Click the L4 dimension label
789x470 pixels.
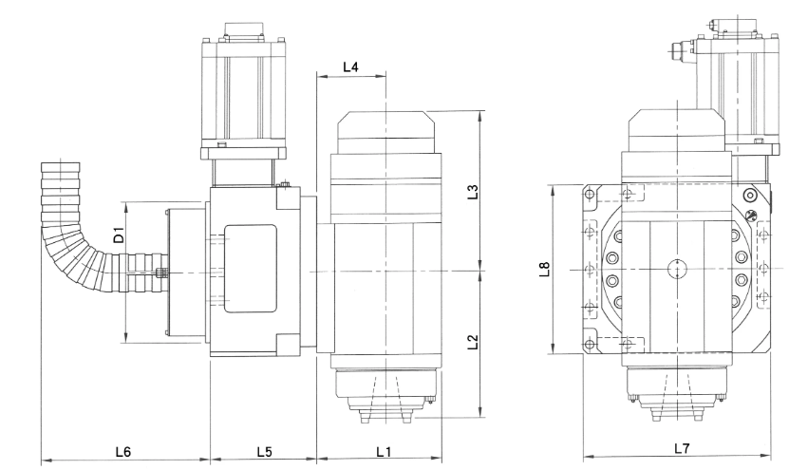350,66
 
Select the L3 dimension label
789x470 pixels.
473,192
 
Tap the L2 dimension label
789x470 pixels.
473,342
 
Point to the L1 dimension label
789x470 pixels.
384,451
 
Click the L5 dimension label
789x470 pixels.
264,451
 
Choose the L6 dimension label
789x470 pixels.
123,451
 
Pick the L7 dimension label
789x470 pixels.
683,448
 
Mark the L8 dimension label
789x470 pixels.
544,270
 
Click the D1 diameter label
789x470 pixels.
119,235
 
